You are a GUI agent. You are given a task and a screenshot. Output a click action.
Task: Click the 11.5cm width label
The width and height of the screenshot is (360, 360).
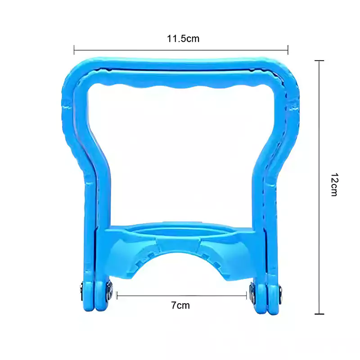tap(183, 39)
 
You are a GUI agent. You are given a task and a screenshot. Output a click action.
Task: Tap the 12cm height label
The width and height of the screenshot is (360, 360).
tap(334, 184)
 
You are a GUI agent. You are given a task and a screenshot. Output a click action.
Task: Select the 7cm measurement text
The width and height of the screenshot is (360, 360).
tap(180, 306)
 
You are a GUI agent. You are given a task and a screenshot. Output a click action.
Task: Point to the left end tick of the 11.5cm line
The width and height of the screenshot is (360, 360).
tap(74, 50)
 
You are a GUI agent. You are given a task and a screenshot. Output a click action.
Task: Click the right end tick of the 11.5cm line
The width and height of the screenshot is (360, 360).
tap(288, 50)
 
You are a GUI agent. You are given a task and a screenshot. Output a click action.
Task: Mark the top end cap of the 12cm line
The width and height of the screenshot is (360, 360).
tap(319, 61)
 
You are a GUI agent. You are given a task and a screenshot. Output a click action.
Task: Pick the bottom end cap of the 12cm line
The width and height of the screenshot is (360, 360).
tap(319, 314)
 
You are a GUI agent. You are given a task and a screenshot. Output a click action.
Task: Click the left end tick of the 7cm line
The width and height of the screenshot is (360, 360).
tap(117, 296)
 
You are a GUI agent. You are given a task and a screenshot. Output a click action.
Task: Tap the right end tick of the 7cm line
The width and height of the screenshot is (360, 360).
tap(246, 296)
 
